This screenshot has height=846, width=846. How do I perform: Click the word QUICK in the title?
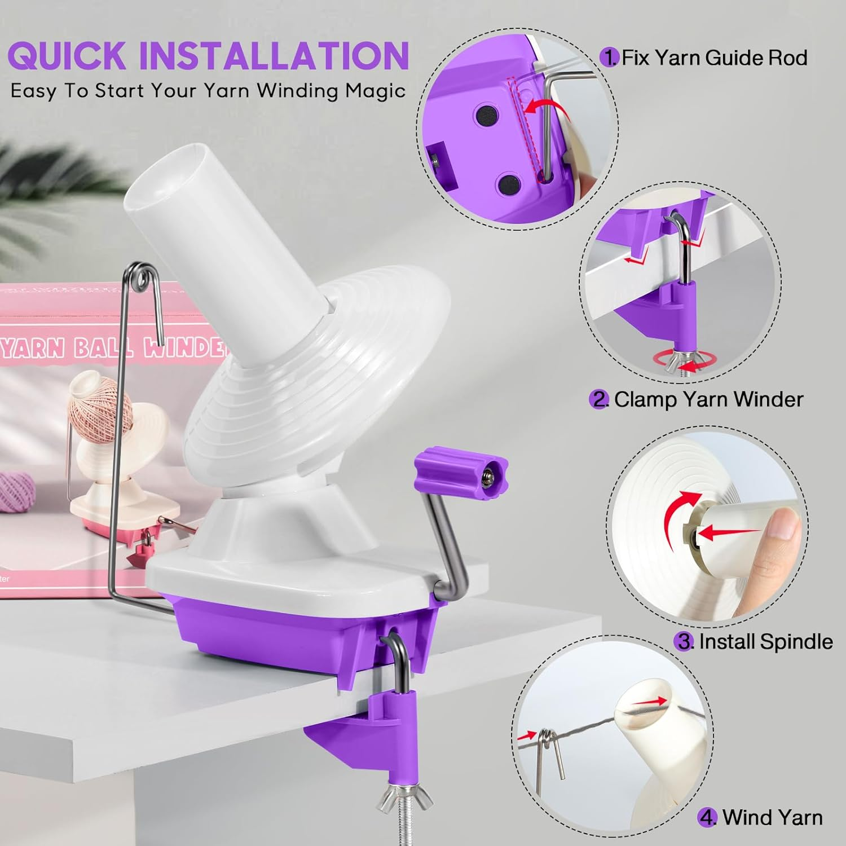67,55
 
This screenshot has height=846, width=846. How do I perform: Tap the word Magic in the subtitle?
376,91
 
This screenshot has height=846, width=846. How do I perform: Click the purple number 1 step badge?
609,58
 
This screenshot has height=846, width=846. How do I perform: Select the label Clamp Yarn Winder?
708,399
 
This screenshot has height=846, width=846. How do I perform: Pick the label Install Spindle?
765,641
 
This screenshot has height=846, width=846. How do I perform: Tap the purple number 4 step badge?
707,817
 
